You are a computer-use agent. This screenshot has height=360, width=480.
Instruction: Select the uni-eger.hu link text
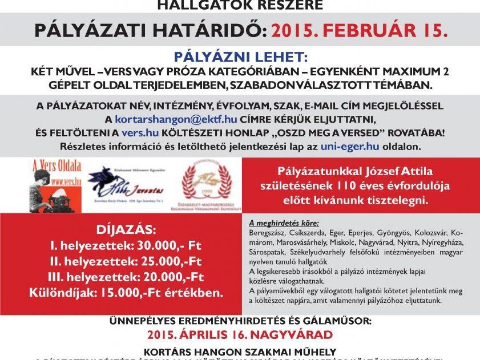(342, 146)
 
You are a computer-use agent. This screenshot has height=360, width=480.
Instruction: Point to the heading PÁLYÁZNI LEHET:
(239, 59)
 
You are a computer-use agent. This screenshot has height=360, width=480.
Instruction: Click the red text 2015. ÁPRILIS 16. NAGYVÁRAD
(240, 334)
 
